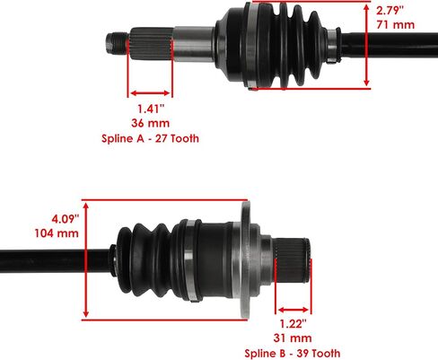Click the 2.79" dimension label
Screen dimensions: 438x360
pos(390,11)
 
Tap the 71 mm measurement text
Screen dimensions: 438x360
pos(396,24)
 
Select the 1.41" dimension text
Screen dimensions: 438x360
pos(151,109)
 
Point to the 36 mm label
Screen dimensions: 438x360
pos(151,123)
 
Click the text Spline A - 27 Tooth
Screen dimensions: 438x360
pos(150,138)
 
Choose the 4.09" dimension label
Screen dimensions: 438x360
pos(66,219)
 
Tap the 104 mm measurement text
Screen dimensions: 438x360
pos(57,233)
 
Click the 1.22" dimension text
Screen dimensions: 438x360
pos(293,324)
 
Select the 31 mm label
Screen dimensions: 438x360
pos(293,338)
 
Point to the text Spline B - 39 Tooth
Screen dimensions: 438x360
pos(293,354)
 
